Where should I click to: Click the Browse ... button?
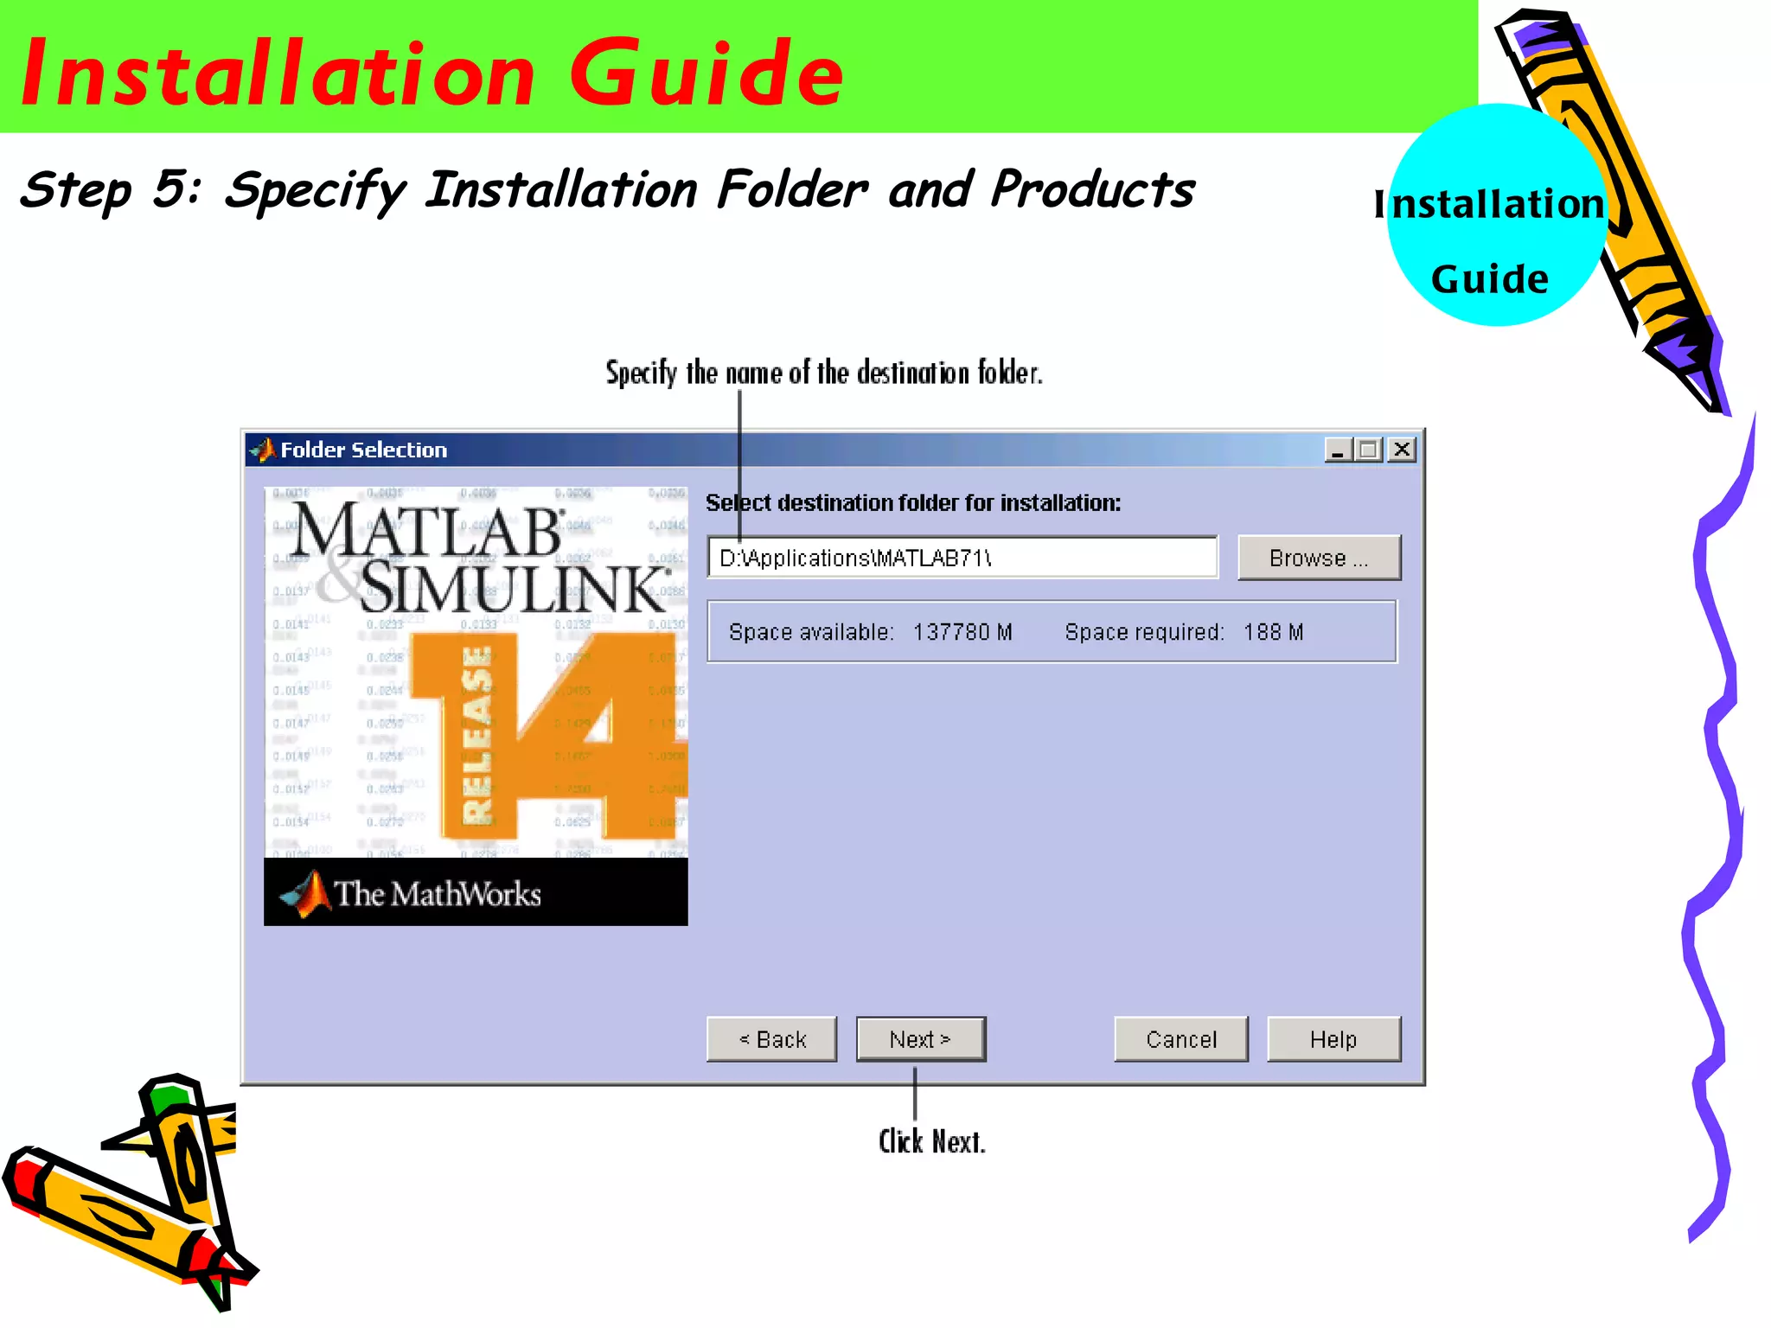(x=1319, y=558)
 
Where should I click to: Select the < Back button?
(x=771, y=1038)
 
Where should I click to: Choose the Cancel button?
(x=1180, y=1038)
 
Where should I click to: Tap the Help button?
(x=1333, y=1038)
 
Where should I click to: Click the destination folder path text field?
(x=962, y=558)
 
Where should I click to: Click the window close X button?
(x=1402, y=450)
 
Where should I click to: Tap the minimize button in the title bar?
(x=1338, y=450)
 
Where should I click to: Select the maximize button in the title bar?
(x=1369, y=450)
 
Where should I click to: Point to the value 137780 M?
(x=962, y=632)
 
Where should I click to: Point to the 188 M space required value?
(x=1273, y=632)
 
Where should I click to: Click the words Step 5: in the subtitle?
(x=111, y=190)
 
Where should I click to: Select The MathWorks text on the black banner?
(x=437, y=893)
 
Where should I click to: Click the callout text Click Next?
(x=931, y=1141)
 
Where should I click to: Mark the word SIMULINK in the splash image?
(x=515, y=588)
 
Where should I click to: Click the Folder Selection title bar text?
(x=363, y=450)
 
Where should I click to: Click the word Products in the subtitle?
(x=1092, y=190)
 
